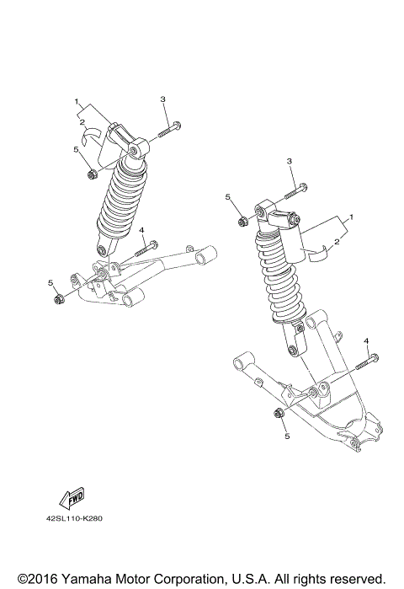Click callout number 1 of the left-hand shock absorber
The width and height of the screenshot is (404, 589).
pos(77,103)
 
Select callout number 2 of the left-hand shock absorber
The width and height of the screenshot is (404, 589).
pos(82,122)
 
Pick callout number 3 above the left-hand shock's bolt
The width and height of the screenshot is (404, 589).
pos(162,99)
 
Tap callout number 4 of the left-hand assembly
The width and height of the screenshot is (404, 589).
pos(142,230)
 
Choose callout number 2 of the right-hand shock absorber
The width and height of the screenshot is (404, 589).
pos(337,242)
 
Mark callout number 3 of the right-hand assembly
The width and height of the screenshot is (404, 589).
pos(289,161)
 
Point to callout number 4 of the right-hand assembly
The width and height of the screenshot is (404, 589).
pos(366,340)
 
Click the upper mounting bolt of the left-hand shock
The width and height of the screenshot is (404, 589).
pos(168,130)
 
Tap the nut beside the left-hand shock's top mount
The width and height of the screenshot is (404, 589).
pos(90,175)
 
